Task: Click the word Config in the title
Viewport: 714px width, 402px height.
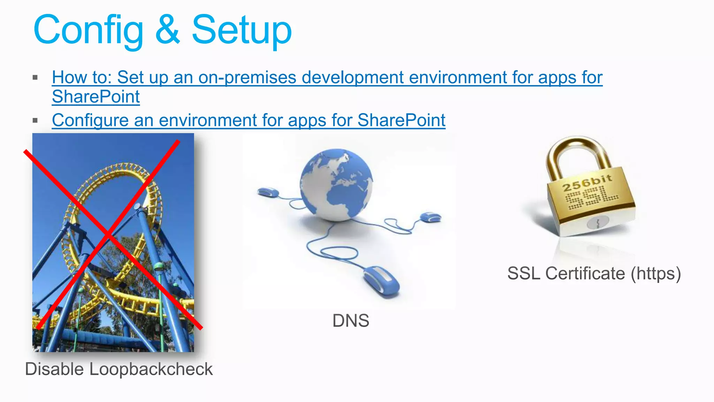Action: (88, 31)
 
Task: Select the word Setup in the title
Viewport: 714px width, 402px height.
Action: (242, 31)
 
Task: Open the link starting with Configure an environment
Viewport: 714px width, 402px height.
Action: (249, 120)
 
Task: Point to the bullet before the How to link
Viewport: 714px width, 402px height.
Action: (35, 77)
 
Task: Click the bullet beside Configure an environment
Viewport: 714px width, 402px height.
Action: (35, 121)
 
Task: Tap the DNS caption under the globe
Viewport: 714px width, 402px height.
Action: (351, 321)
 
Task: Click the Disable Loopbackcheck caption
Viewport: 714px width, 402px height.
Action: (119, 369)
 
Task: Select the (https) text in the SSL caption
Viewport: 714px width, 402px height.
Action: (655, 273)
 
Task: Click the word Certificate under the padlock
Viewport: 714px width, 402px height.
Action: (585, 273)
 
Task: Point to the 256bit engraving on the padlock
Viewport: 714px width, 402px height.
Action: (587, 183)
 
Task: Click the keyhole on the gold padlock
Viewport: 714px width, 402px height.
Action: (598, 222)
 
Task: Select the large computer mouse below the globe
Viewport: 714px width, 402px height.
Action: (382, 281)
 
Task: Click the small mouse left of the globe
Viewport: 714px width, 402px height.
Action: (268, 192)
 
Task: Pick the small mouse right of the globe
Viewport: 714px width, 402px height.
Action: (431, 217)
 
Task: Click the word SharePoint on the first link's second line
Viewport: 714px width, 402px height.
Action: (96, 97)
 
